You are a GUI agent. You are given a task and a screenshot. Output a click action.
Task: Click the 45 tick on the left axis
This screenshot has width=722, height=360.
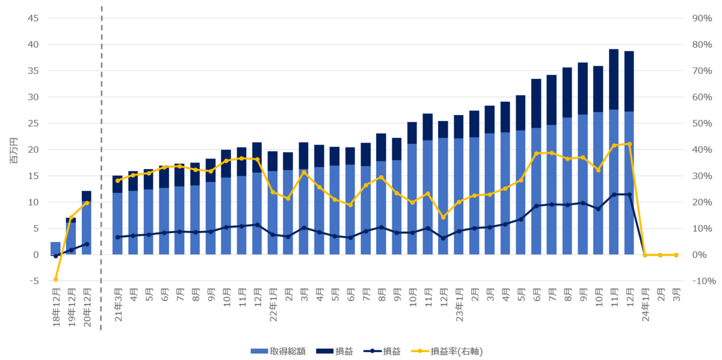coord(33,18)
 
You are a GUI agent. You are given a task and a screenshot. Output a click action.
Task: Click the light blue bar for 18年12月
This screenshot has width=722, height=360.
coord(55,248)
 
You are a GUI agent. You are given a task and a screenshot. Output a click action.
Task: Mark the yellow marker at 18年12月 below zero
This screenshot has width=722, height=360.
coord(55,279)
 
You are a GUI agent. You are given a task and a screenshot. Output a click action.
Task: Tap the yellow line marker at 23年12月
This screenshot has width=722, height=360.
coord(629,144)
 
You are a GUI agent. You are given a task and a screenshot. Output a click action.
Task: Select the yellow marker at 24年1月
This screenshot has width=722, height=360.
coord(645,255)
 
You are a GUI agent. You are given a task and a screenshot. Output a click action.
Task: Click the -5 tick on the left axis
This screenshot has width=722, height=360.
coord(34,281)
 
